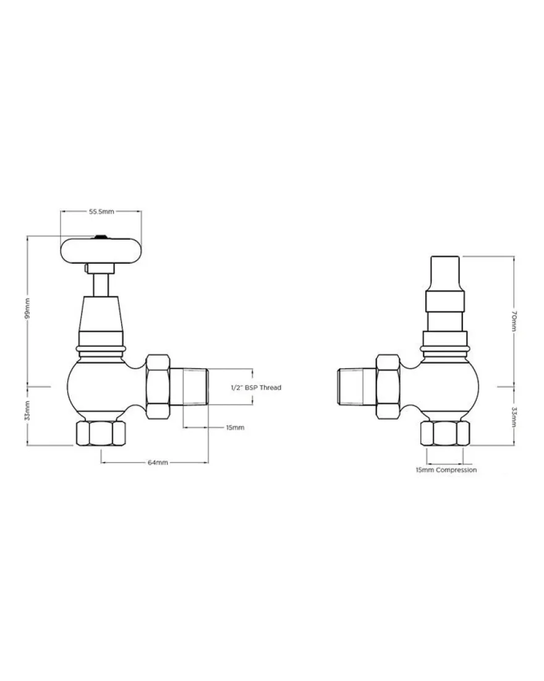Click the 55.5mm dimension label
click(x=101, y=212)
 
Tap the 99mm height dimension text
click(x=27, y=308)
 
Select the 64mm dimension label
click(x=158, y=462)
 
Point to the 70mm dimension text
click(x=514, y=321)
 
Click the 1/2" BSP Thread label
click(x=256, y=388)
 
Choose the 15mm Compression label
click(x=446, y=470)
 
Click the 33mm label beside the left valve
click(x=27, y=410)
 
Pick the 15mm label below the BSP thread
click(x=235, y=427)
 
